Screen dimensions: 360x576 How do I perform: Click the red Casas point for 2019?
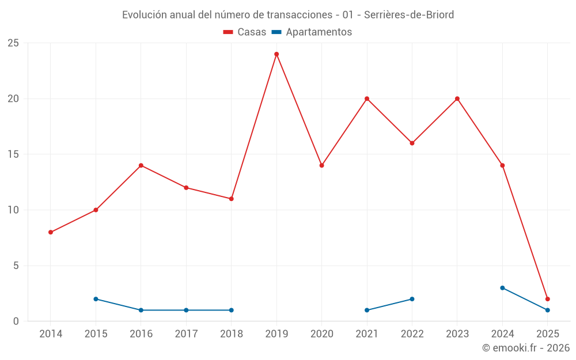tap(276, 54)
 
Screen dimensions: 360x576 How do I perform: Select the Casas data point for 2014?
tap(51, 232)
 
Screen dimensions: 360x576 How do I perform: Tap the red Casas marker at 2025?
tap(548, 299)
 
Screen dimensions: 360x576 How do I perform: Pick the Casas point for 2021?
tap(367, 98)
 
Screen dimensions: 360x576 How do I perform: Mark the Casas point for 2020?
tap(322, 165)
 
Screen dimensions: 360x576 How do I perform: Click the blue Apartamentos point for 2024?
tap(502, 288)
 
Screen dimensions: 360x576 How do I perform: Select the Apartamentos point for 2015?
tap(96, 299)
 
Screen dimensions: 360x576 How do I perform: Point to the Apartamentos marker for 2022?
tap(412, 299)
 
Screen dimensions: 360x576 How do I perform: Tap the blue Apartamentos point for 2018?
tap(231, 310)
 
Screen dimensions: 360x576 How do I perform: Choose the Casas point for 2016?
tap(141, 165)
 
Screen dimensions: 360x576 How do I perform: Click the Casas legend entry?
tap(245, 32)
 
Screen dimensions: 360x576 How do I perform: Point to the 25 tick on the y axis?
tap(13, 43)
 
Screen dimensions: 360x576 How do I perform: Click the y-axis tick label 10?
tap(13, 210)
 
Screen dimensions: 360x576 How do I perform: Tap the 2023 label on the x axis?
tap(457, 334)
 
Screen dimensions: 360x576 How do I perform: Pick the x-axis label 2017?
tap(186, 334)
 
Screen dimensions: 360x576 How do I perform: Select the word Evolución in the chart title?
tap(144, 14)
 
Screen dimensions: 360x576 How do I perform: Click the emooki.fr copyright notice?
tap(526, 348)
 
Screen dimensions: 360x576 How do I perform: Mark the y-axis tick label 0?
tap(17, 321)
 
